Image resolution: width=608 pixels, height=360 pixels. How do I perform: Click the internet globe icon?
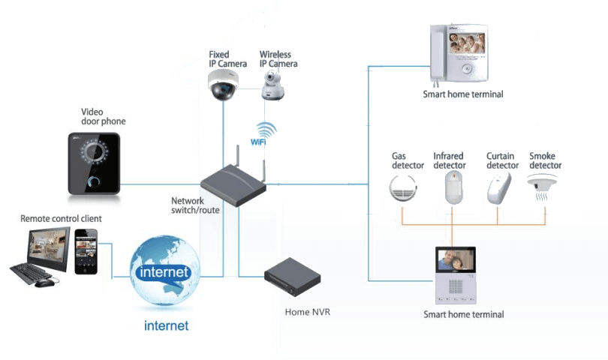click(164, 271)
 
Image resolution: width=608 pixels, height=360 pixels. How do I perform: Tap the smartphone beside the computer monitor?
click(86, 252)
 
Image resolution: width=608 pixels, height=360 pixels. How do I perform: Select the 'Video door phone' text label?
click(104, 116)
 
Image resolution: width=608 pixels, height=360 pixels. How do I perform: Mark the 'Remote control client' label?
click(61, 218)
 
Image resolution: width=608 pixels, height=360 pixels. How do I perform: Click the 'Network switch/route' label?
click(195, 205)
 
